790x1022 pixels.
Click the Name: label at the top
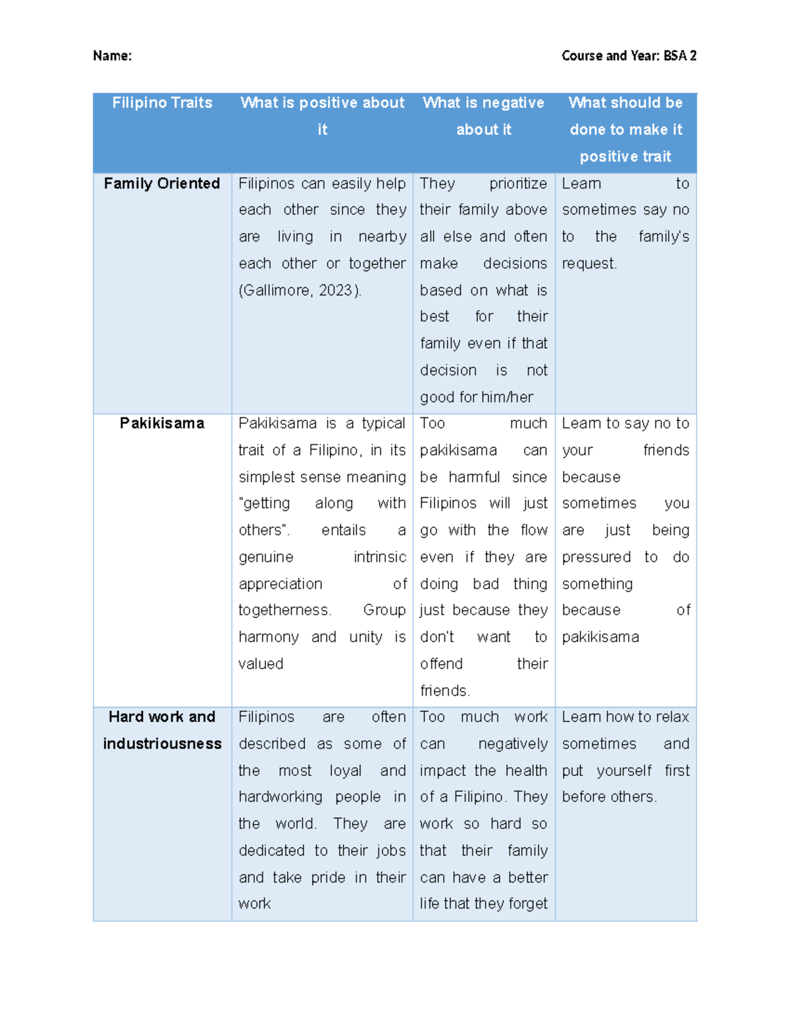tap(112, 56)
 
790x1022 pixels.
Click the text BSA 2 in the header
tap(679, 56)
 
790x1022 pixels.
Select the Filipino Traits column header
tap(162, 103)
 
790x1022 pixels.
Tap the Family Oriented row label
tap(162, 184)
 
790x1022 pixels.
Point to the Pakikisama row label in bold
tap(162, 423)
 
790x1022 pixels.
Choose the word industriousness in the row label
tap(162, 744)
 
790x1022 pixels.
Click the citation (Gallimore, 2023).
tap(300, 290)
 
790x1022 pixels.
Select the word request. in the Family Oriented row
tap(589, 264)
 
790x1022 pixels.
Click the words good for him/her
tap(477, 397)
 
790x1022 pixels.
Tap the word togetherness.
tap(284, 610)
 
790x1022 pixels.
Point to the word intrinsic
tap(380, 557)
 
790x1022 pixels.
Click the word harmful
tap(474, 477)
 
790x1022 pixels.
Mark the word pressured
tap(596, 557)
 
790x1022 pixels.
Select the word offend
tap(441, 664)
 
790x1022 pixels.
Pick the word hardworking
tap(280, 797)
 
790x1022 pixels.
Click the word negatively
tap(513, 744)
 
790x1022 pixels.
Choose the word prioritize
tap(518, 184)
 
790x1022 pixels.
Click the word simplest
tap(267, 477)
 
